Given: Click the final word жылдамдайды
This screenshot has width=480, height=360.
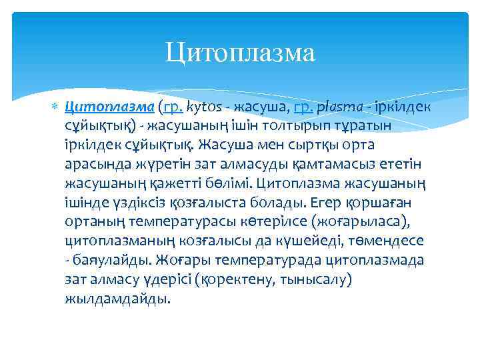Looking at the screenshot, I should (117, 299).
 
